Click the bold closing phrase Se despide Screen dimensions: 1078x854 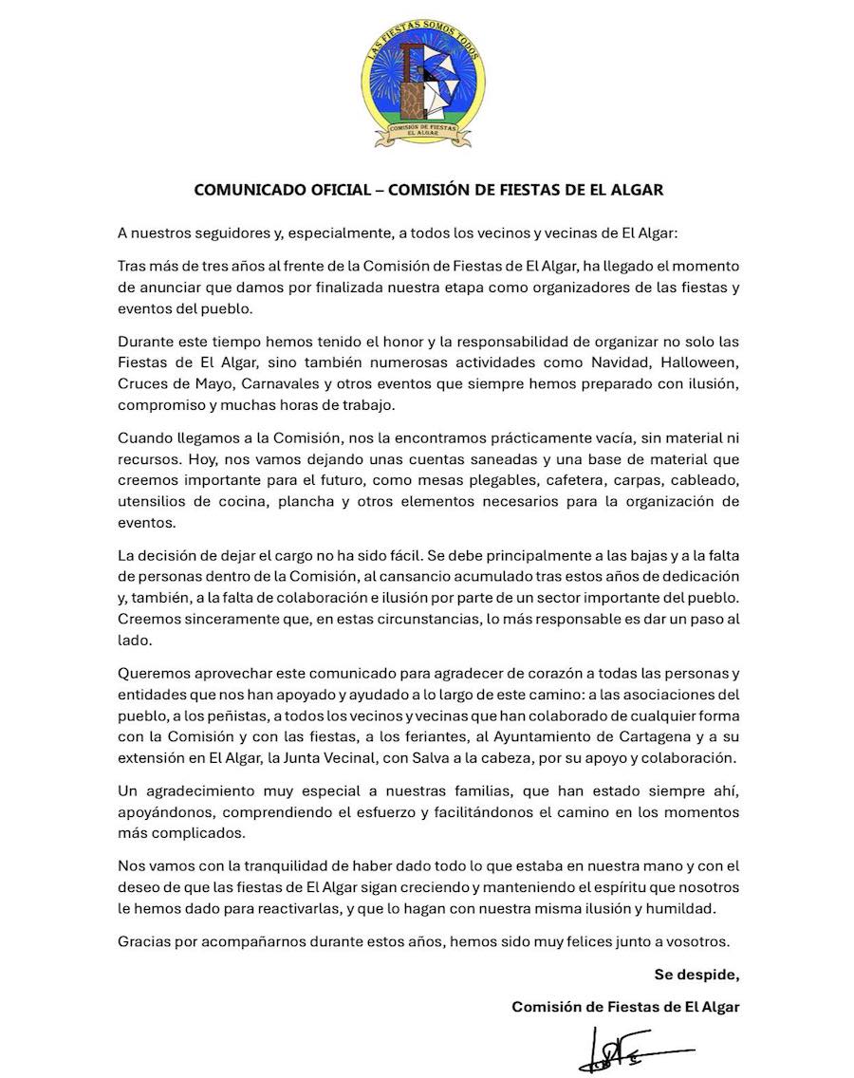point(696,975)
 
